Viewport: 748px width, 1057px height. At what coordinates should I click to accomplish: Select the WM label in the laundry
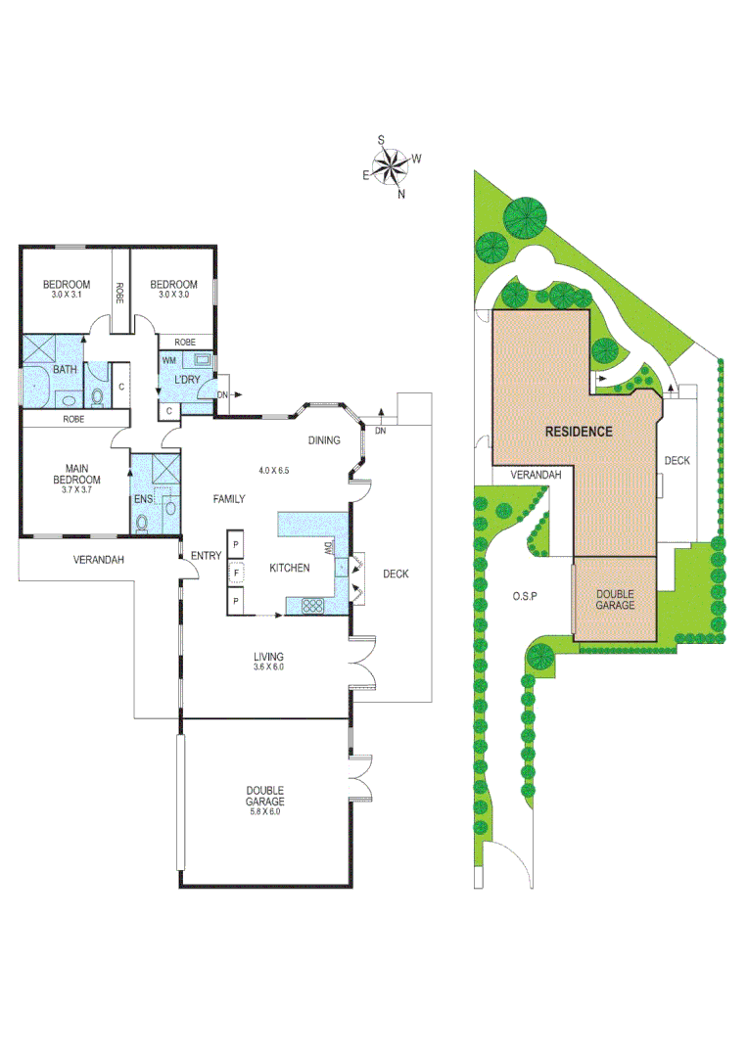[169, 360]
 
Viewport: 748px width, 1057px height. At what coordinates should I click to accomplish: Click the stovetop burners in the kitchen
[313, 605]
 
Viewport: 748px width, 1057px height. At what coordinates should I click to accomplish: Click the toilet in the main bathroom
[97, 397]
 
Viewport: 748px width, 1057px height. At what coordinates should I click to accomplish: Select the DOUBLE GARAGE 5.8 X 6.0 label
[264, 801]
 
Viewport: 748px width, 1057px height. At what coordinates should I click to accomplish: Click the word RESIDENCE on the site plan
[579, 431]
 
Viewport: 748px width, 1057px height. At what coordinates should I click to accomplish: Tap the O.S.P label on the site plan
[527, 595]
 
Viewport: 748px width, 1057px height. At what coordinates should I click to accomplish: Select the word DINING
[324, 440]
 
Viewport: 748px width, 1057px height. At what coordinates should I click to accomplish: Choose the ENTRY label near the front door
[206, 556]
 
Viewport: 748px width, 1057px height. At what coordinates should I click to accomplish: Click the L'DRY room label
[187, 379]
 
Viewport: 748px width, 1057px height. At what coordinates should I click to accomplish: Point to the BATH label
[66, 370]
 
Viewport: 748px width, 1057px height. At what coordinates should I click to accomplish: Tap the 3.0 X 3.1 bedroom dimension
[66, 295]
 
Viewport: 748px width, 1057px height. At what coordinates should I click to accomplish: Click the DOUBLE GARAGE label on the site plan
[615, 599]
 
